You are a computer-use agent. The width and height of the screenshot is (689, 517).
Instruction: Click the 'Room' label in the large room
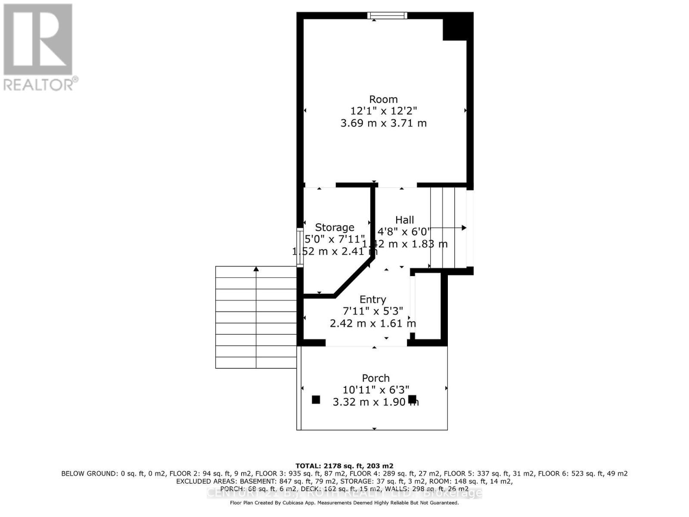point(383,99)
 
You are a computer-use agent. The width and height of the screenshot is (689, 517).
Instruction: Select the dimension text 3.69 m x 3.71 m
point(383,123)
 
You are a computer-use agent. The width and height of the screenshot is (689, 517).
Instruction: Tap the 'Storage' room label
point(335,227)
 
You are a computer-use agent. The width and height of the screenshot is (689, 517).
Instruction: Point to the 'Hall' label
point(404,220)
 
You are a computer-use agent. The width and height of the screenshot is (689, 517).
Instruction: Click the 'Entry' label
point(372,299)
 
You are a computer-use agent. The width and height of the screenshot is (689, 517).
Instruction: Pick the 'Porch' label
point(376,378)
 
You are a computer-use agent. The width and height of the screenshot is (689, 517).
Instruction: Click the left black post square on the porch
point(316,399)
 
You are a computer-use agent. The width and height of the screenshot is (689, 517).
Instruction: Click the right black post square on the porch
point(412,399)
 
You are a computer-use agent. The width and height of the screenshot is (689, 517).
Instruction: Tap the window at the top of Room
point(387,16)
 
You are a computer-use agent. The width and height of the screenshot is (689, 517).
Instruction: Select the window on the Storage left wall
point(300,248)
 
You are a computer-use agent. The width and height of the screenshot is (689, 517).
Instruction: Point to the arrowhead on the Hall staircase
point(464,227)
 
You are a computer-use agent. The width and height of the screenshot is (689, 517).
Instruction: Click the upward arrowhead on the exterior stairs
point(256,269)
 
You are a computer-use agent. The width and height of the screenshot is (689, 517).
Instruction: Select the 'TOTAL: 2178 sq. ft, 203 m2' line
point(344,466)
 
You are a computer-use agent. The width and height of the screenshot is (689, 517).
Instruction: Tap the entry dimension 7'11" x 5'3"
point(372,311)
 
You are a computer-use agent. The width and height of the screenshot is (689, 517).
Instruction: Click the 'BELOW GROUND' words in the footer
point(89,473)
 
